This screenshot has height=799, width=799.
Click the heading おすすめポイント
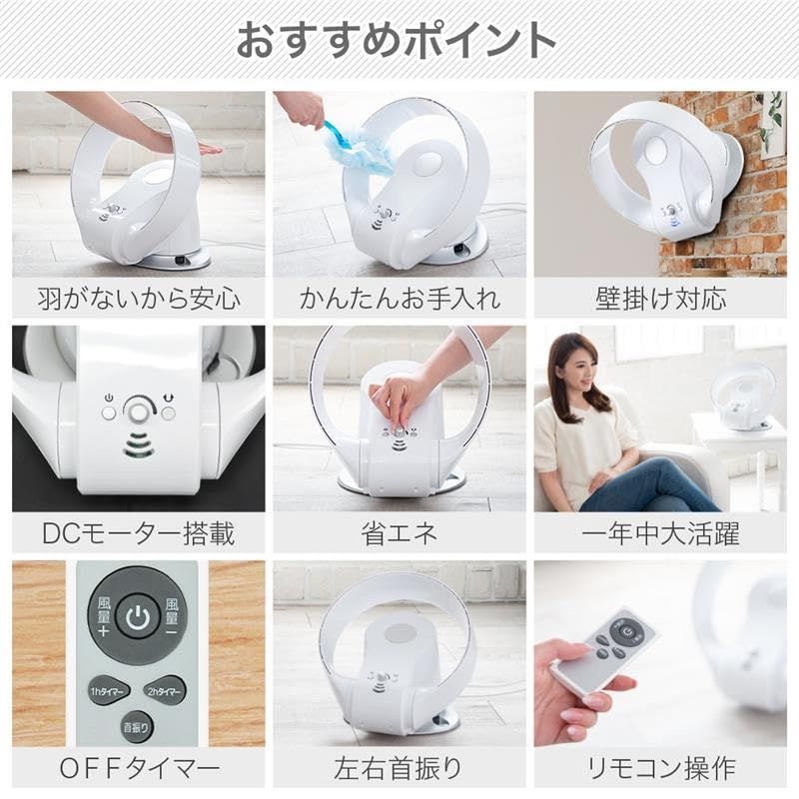pos(397,40)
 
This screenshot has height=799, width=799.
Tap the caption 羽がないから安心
pos(138,298)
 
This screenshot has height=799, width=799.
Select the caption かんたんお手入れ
pos(399,298)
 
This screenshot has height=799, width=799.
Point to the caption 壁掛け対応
pos(660,298)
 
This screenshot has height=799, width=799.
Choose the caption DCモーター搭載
pos(138,533)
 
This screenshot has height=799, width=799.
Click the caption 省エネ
pos(399,533)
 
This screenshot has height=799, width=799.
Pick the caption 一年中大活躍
pos(660,533)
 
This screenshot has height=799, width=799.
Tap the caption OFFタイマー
pos(138,769)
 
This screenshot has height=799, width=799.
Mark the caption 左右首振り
pos(399,769)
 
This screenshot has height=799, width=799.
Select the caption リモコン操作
pos(660,769)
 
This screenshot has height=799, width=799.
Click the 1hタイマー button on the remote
pos(108,690)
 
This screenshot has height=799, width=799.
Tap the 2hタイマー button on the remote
pos(165,690)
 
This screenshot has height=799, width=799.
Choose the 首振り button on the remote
pos(136,727)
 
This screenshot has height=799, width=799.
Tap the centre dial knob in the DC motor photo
pos(138,410)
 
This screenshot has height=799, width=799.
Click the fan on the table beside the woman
pos(742,397)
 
